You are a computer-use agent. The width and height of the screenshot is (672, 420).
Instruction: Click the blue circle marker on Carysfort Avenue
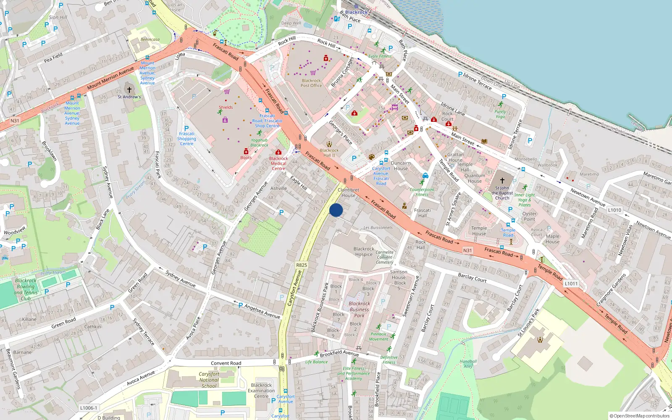tap(336, 210)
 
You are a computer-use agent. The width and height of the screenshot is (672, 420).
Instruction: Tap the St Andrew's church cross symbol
tap(129, 89)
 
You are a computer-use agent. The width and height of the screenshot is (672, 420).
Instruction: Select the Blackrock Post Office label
tap(311, 83)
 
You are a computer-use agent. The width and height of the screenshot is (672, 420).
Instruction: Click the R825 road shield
tap(302, 265)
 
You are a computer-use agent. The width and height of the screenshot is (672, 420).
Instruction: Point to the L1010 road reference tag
tap(614, 210)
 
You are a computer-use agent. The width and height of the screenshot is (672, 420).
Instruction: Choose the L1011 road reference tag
tap(571, 283)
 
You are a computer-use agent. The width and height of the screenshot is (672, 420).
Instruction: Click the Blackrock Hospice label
tap(364, 252)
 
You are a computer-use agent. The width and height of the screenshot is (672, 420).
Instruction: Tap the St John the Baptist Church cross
tap(502, 181)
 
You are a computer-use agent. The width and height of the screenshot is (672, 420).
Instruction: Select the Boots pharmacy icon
tap(246, 151)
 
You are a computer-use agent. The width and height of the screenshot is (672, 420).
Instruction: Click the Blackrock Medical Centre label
tap(278, 163)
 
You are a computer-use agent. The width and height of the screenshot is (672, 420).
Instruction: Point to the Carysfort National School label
tap(209, 380)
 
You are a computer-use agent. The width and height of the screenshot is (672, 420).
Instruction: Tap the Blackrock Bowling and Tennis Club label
tap(26, 289)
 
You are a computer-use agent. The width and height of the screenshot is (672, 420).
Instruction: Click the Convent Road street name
tap(226, 363)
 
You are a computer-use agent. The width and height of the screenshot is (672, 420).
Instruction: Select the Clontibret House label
tap(348, 192)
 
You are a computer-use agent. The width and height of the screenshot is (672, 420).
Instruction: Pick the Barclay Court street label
tap(472, 278)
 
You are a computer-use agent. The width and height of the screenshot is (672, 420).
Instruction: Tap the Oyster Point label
tap(529, 216)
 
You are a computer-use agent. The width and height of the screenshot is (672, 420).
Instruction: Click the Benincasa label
tap(150, 39)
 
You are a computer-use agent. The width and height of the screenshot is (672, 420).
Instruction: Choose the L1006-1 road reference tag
tap(88, 408)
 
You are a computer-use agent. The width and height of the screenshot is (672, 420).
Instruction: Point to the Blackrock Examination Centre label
tap(261, 391)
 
